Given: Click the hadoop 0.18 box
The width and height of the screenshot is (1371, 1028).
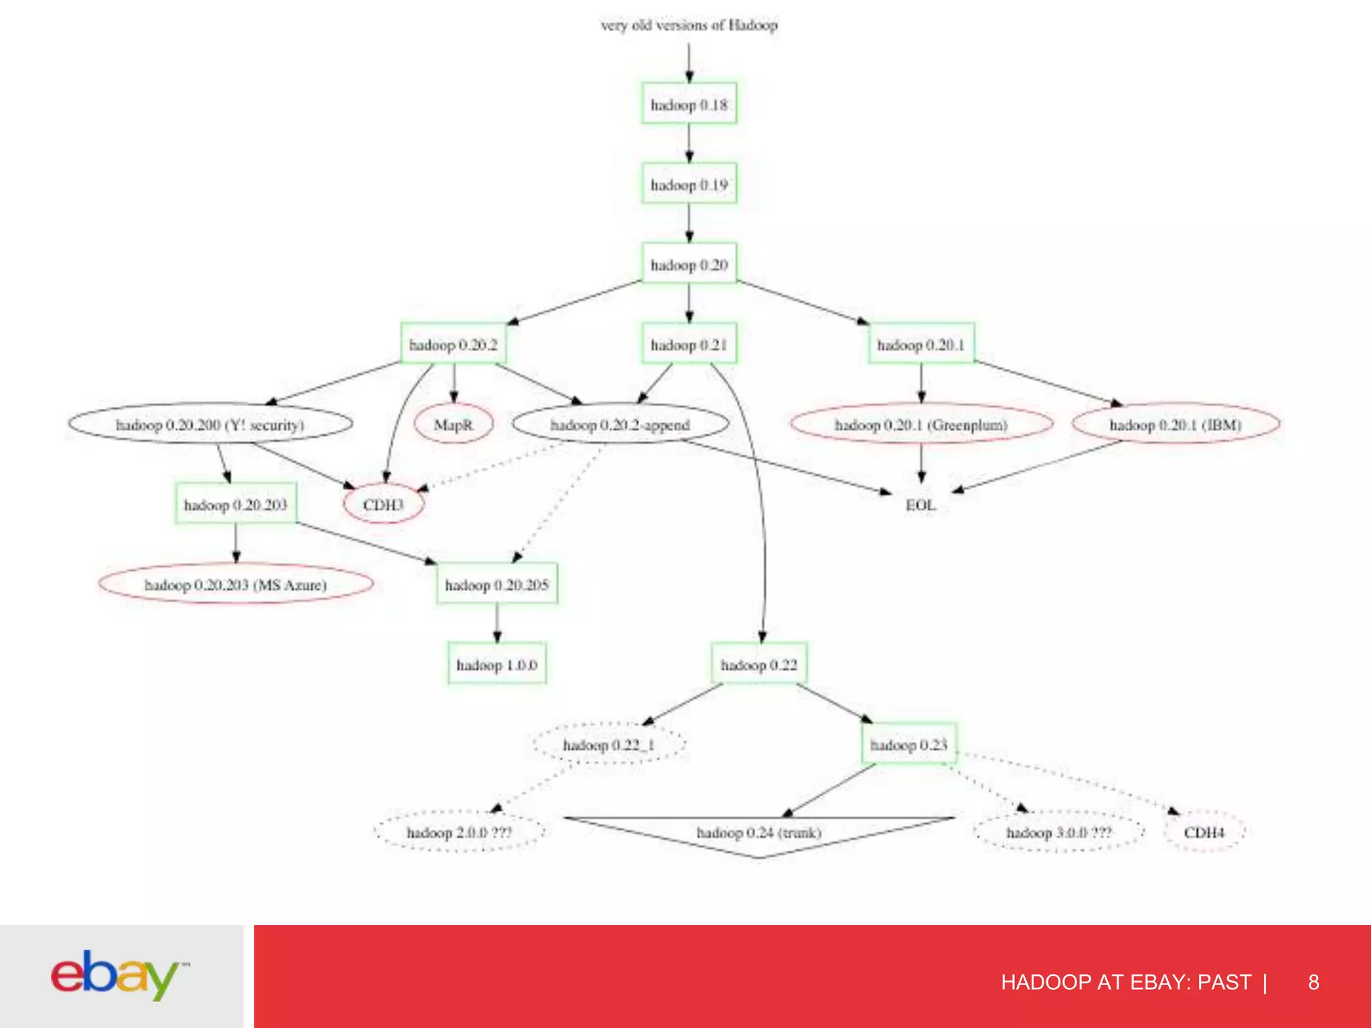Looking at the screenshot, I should (689, 104).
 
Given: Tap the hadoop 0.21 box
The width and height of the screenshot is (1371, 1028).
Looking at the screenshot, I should (689, 344).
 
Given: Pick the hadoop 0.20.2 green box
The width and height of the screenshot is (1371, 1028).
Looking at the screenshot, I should (453, 344).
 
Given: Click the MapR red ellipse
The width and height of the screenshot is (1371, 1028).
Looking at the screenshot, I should (453, 424).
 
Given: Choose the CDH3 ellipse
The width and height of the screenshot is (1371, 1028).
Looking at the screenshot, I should (383, 504).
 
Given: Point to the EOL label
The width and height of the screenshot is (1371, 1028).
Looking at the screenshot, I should (920, 505).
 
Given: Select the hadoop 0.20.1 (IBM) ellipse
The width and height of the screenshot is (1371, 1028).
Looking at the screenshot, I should (1176, 424).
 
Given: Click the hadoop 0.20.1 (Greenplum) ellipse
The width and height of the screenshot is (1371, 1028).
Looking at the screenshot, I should (921, 424).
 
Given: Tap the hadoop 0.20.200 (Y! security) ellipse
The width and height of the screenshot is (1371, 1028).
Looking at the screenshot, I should (210, 424).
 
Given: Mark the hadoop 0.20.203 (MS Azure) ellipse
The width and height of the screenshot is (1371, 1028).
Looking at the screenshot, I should (236, 584).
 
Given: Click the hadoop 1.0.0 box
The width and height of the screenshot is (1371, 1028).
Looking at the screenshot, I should (497, 664).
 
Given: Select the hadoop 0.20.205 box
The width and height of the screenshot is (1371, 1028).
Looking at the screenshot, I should (497, 584).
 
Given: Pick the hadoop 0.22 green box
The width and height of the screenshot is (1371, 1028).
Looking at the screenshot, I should (759, 664).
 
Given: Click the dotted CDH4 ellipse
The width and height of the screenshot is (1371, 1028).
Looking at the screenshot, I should (1204, 833).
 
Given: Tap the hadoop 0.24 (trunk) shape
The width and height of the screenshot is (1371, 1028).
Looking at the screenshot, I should (759, 833).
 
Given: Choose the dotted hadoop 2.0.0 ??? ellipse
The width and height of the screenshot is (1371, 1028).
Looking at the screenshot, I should (459, 833).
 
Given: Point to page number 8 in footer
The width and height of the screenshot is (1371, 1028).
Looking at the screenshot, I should (1313, 982).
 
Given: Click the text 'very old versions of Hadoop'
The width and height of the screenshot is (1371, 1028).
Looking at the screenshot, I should (689, 25).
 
